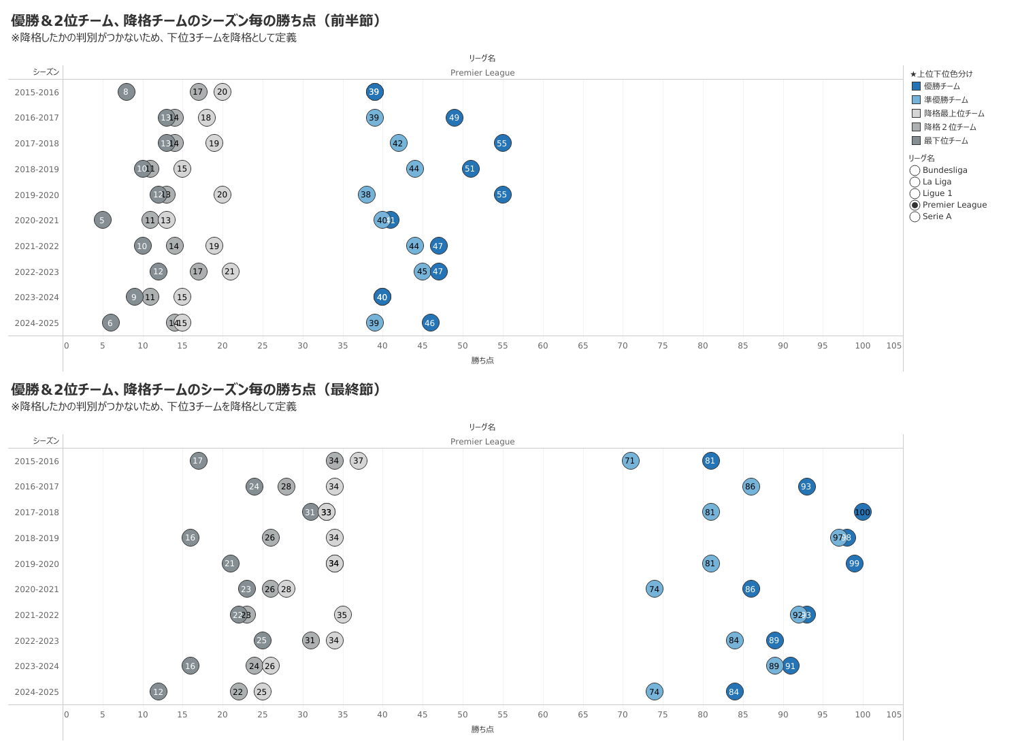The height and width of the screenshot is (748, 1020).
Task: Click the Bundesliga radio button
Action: pyautogui.click(x=915, y=170)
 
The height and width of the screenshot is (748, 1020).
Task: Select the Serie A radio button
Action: pyautogui.click(x=915, y=216)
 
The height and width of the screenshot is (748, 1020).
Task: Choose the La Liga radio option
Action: pyautogui.click(x=915, y=182)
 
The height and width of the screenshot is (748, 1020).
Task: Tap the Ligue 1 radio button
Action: pyautogui.click(x=915, y=193)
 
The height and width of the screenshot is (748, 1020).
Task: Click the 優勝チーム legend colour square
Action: pyautogui.click(x=916, y=86)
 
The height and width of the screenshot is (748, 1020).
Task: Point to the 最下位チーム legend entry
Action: pyautogui.click(x=945, y=141)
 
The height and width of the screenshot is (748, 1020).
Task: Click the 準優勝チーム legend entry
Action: pyautogui.click(x=945, y=100)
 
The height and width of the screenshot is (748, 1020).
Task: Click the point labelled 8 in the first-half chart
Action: pyautogui.click(x=126, y=92)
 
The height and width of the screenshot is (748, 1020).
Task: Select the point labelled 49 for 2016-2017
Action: pyautogui.click(x=455, y=118)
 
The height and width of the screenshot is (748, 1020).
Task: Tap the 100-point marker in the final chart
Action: pyautogui.click(x=862, y=512)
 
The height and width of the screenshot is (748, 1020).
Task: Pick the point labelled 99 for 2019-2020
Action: pyautogui.click(x=854, y=564)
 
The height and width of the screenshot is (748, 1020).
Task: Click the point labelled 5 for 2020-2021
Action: pyautogui.click(x=102, y=220)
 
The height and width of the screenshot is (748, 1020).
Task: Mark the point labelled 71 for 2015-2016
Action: pyautogui.click(x=630, y=461)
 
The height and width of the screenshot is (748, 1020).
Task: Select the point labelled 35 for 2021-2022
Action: pyautogui.click(x=342, y=615)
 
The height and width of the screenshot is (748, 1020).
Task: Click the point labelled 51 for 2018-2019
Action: pyautogui.click(x=470, y=169)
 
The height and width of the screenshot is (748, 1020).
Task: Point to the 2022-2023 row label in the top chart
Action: pyautogui.click(x=37, y=272)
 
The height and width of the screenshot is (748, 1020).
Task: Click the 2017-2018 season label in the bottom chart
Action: pyautogui.click(x=37, y=513)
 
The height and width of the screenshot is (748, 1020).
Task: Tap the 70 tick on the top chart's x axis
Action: pyautogui.click(x=623, y=346)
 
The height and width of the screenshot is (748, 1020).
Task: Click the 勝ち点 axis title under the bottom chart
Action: pyautogui.click(x=482, y=729)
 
